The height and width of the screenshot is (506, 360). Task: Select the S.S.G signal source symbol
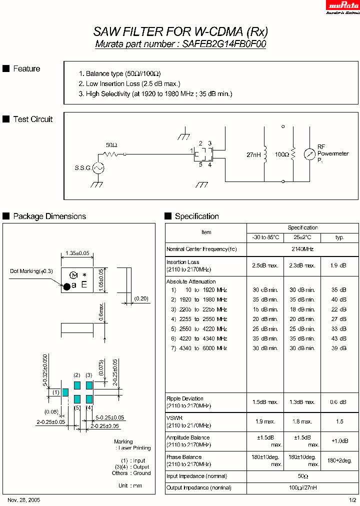click(97, 168)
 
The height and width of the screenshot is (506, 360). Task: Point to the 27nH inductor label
click(254, 155)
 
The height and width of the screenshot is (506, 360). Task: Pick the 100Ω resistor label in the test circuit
click(281, 155)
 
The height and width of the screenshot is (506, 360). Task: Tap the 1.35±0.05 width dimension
click(77, 253)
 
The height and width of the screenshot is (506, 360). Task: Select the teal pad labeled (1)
click(65, 392)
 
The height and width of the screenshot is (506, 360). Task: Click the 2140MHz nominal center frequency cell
click(302, 249)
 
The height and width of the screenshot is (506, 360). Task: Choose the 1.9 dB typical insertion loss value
click(339, 266)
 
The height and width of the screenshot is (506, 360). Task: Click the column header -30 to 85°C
click(265, 237)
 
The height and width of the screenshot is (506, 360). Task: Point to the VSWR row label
click(174, 417)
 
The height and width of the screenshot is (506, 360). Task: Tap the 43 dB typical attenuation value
click(339, 338)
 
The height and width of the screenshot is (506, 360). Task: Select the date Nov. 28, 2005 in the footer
click(24, 500)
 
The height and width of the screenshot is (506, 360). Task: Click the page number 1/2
click(352, 500)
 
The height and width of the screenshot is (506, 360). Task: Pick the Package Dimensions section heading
click(49, 216)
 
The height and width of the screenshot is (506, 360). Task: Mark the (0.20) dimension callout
click(141, 298)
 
